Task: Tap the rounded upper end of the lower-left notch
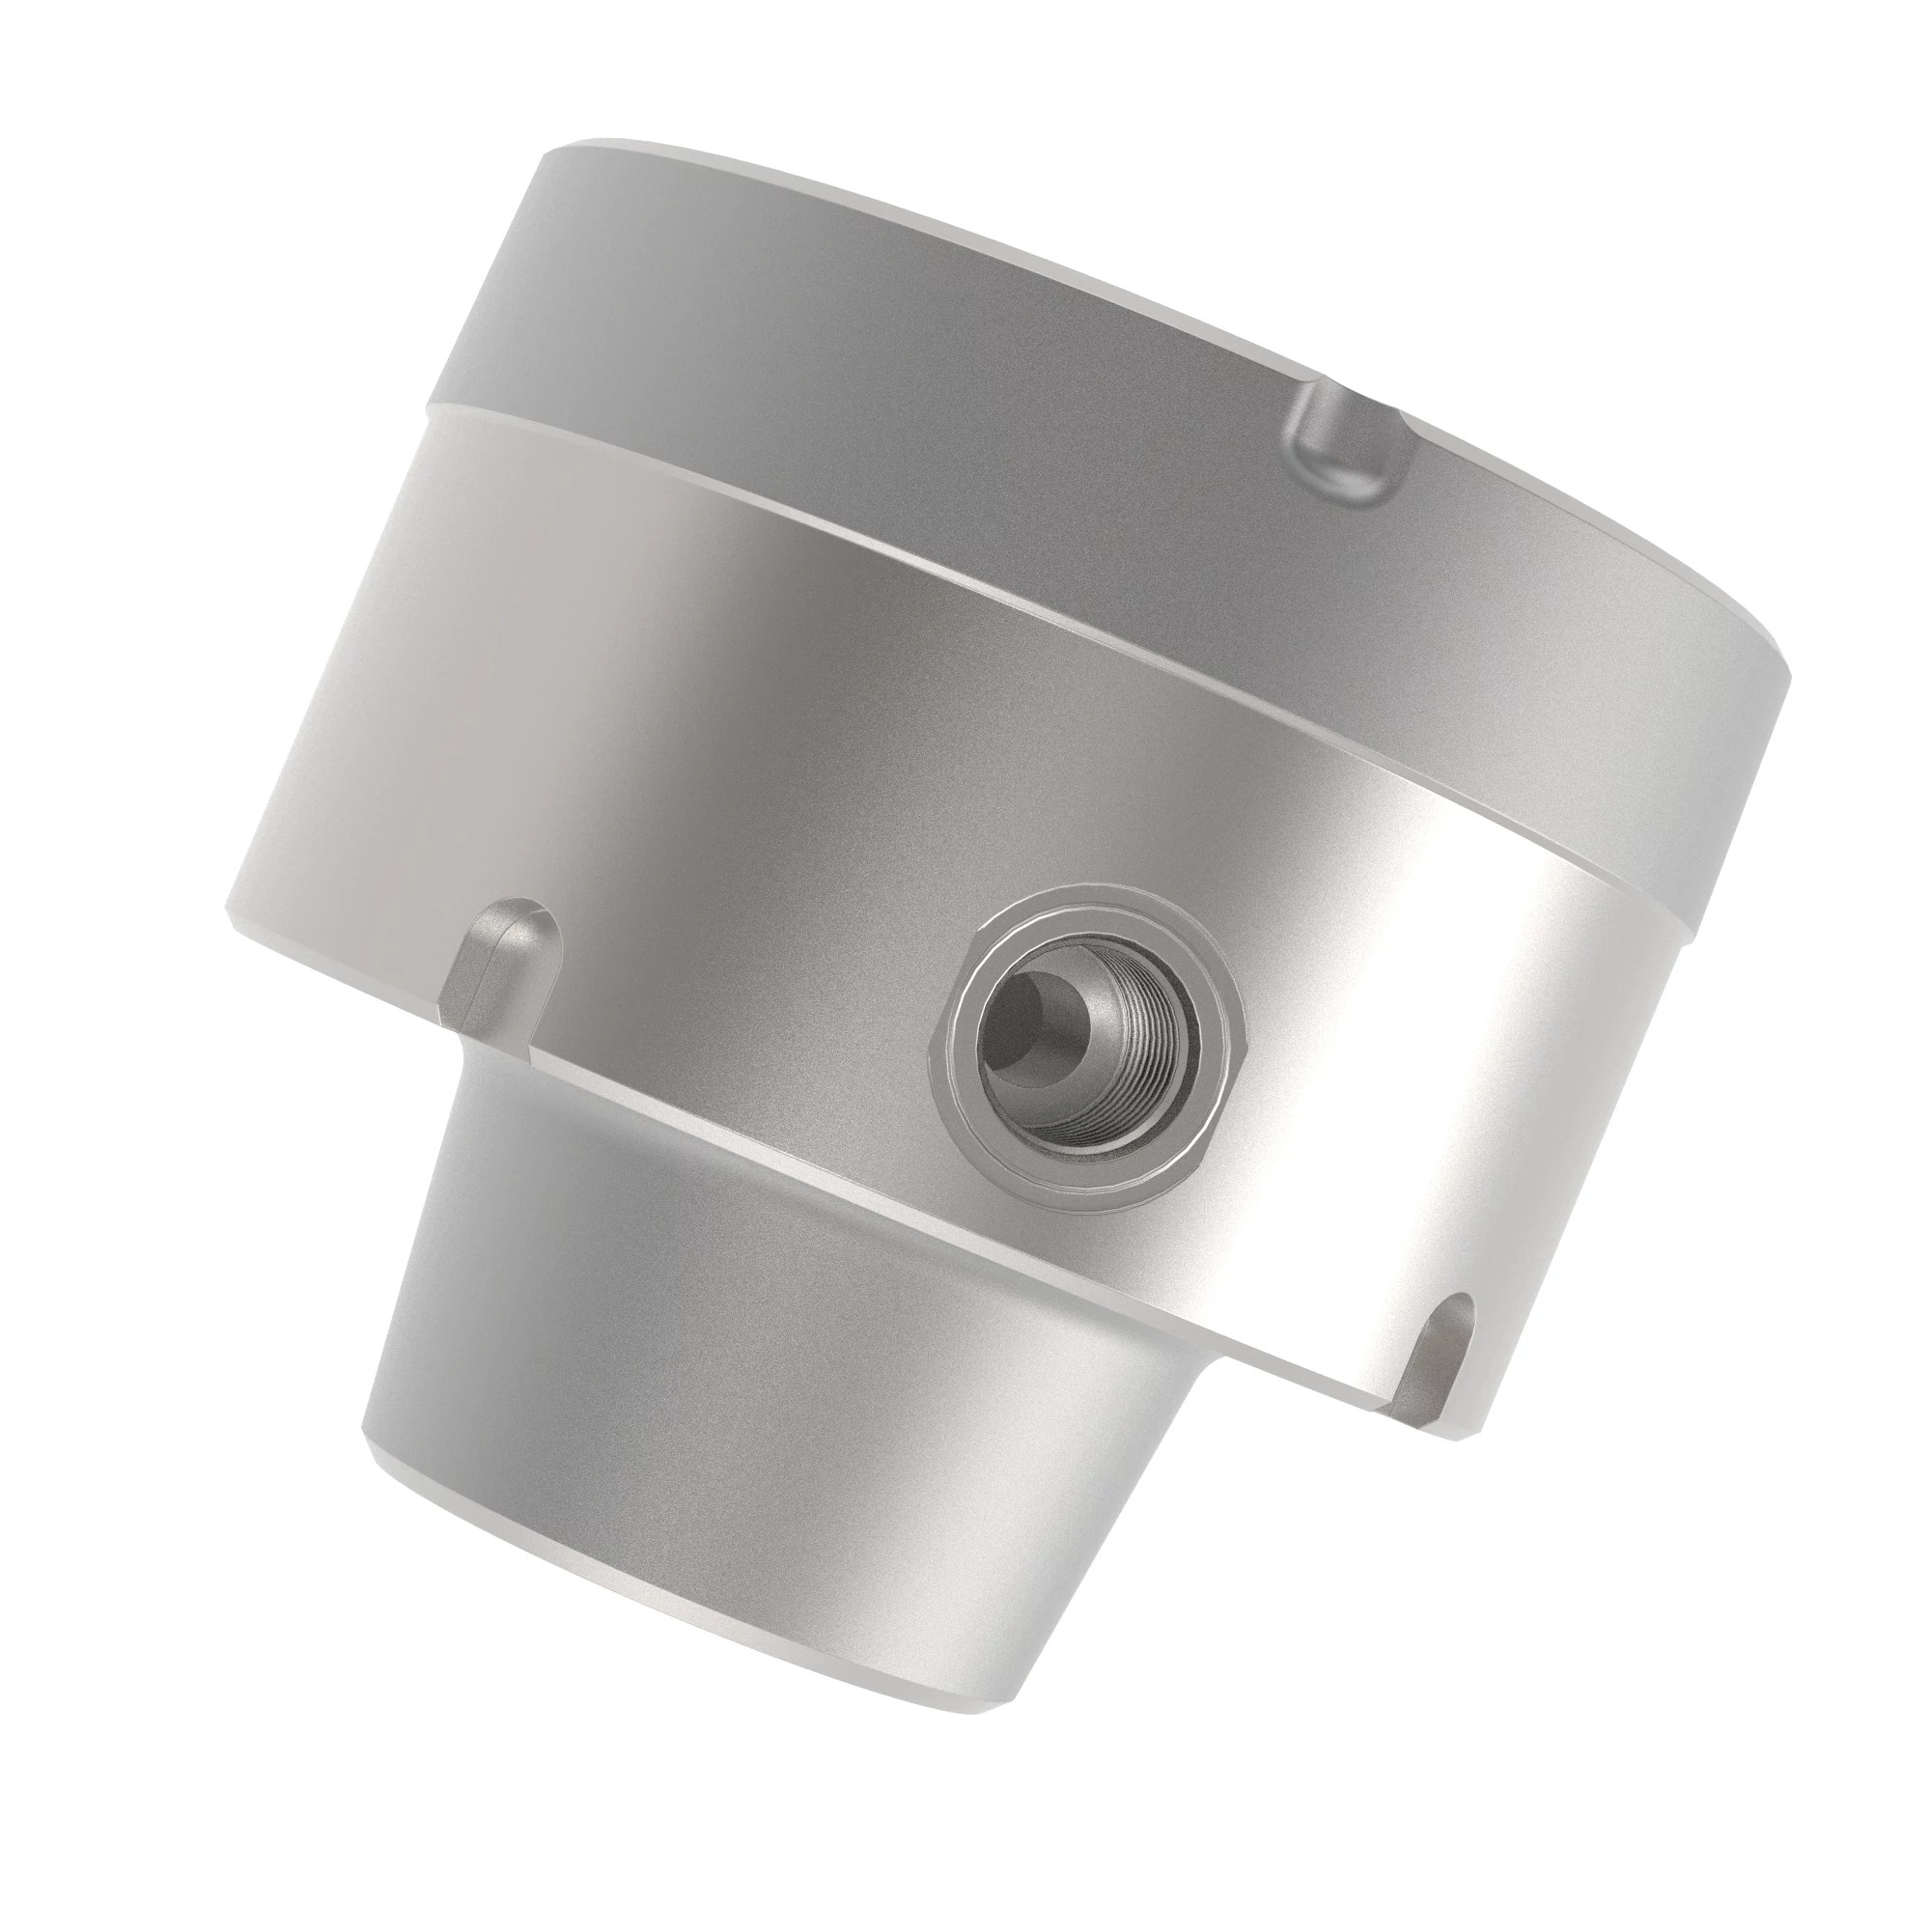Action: pyautogui.click(x=515, y=919)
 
